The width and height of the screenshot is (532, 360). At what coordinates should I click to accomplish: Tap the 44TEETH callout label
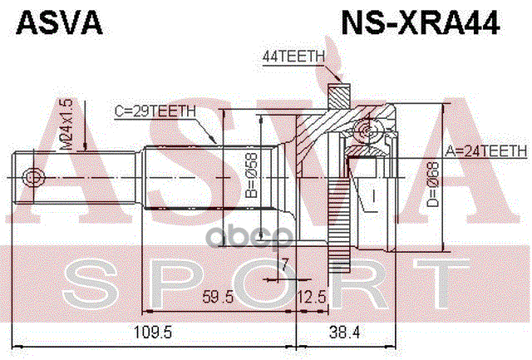tap(292, 57)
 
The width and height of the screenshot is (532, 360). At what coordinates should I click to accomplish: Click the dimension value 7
tap(284, 264)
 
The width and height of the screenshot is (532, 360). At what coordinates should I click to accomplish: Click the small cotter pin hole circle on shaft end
tap(32, 176)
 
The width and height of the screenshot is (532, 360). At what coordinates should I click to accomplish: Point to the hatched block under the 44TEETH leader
tap(336, 89)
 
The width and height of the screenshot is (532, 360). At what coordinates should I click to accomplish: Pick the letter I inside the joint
tap(375, 196)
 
